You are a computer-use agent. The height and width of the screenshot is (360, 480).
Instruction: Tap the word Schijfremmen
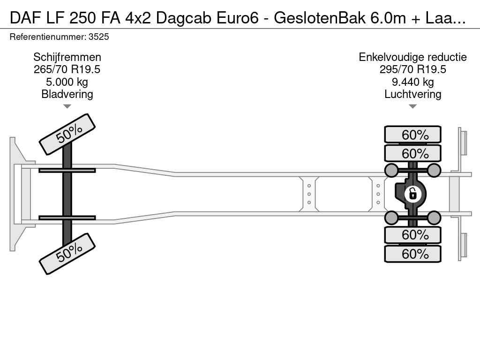[x=67, y=57]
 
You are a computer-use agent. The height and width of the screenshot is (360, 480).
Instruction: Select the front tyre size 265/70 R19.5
[x=67, y=69]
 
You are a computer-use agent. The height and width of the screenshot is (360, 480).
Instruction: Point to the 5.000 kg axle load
[x=67, y=82]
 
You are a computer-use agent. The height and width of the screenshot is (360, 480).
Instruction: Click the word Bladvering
[x=67, y=94]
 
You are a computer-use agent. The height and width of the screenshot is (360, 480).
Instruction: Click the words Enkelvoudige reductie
[x=412, y=57]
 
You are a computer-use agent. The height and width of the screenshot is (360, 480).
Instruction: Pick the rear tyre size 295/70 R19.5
[x=412, y=69]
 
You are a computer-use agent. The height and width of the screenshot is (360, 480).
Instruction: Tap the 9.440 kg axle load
[x=412, y=82]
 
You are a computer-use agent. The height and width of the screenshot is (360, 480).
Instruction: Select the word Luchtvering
[x=412, y=94]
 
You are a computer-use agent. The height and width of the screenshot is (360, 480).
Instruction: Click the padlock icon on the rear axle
[x=412, y=193]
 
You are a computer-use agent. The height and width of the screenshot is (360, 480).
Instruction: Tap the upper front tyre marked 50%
[x=67, y=134]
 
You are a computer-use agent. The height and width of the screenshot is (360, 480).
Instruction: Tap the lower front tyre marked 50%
[x=67, y=254]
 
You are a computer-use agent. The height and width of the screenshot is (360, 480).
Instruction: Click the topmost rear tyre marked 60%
[x=412, y=135]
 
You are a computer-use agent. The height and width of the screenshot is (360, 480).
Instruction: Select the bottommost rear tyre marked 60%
[x=412, y=254]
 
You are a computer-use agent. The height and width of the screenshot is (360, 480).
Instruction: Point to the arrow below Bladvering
[x=67, y=106]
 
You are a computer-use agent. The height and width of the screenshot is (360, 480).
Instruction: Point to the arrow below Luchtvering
[x=412, y=106]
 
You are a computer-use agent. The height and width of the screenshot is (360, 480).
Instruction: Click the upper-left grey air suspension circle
[x=391, y=170]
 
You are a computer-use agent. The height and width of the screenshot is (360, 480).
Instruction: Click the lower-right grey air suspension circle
[x=434, y=217]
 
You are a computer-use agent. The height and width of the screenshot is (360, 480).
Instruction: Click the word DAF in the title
[x=24, y=18]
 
